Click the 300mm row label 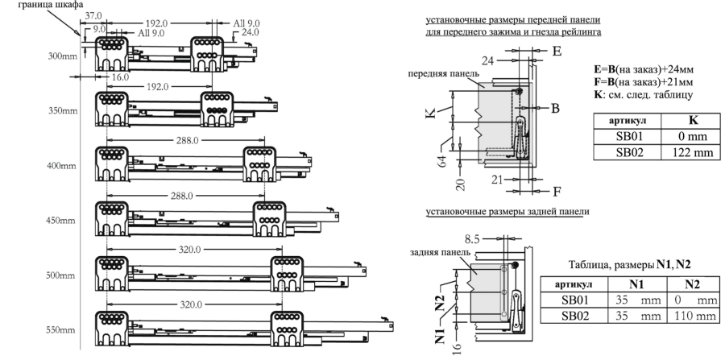click(x=63, y=56)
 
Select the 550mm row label click(x=60, y=330)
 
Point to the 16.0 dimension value click(x=119, y=77)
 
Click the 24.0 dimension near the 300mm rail click(x=251, y=32)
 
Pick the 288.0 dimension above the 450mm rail click(x=181, y=196)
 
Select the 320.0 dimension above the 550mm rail click(x=190, y=305)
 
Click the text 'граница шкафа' click(x=51, y=5)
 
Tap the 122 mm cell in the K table click(x=691, y=152)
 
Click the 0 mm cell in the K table click(x=691, y=136)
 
